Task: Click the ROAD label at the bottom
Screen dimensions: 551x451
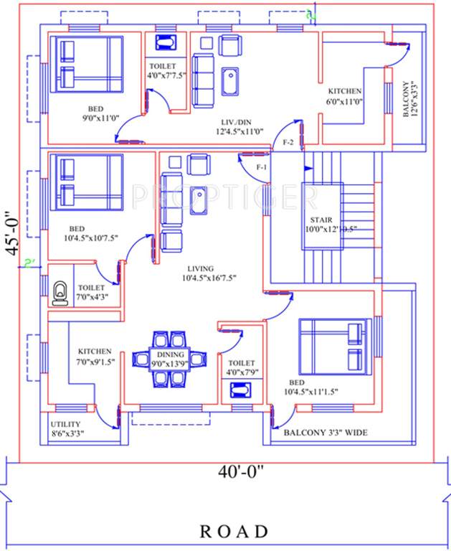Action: (x=234, y=532)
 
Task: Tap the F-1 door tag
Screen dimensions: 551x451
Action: (x=262, y=167)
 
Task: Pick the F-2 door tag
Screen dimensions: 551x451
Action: (x=288, y=143)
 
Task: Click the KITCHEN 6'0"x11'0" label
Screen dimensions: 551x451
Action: (x=345, y=97)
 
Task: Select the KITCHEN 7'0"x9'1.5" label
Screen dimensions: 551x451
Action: (x=95, y=357)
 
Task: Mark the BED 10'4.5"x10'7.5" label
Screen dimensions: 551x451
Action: (x=80, y=233)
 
